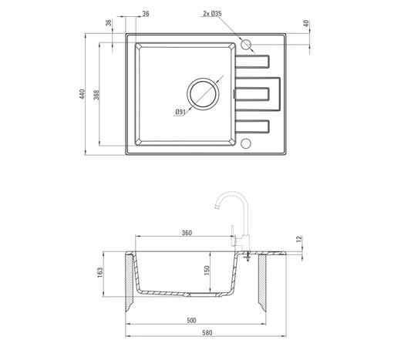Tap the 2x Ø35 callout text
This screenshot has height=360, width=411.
click(211, 14)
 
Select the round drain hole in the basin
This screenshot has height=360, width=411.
click(204, 93)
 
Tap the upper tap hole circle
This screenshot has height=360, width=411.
click(247, 45)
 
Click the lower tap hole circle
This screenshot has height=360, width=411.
click(247, 142)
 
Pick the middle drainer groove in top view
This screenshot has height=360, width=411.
click(254, 93)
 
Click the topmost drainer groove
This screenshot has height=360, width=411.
click(254, 62)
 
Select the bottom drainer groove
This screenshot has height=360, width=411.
click(254, 126)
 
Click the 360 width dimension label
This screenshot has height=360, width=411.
click(186, 233)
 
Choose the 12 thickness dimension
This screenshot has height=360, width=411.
click(299, 238)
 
